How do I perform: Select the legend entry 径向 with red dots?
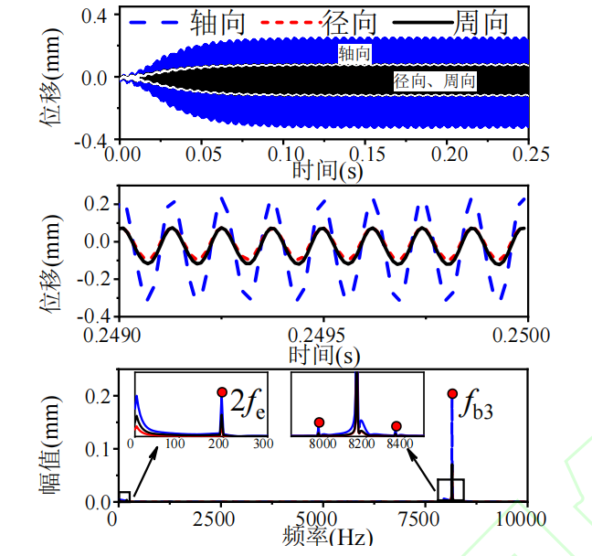(x=319, y=23)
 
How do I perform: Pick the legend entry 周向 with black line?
(x=450, y=23)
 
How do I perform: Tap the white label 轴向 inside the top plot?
(x=354, y=54)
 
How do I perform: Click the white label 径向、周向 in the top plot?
(x=435, y=81)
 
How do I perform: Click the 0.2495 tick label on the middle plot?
(x=316, y=335)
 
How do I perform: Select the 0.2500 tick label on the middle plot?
(x=521, y=335)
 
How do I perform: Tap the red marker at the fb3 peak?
(x=452, y=393)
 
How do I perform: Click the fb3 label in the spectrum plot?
(x=476, y=404)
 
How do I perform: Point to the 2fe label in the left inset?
(x=248, y=403)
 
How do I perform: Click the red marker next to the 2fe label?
(x=222, y=391)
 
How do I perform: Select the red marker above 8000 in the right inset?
(x=319, y=422)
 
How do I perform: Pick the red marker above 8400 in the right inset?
(x=396, y=426)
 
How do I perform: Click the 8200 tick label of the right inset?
(x=361, y=443)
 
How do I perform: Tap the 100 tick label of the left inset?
(x=174, y=443)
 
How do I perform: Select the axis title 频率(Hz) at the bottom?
(x=328, y=537)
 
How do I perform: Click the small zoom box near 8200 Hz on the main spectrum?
(x=450, y=490)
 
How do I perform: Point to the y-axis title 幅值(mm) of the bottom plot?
(x=50, y=445)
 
